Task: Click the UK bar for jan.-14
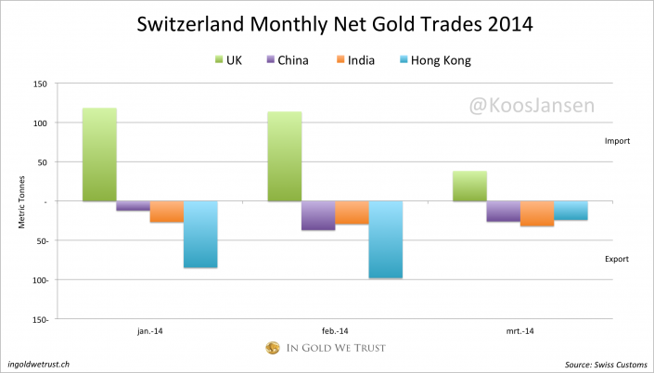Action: click(x=99, y=155)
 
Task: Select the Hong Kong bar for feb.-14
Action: click(x=385, y=239)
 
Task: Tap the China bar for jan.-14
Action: click(x=133, y=206)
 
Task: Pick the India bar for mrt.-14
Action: click(x=536, y=213)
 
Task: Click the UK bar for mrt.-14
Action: click(x=469, y=186)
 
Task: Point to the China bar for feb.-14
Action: click(x=318, y=215)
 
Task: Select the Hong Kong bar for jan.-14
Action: click(x=200, y=234)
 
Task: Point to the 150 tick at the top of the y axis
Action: click(x=39, y=84)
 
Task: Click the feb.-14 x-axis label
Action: click(x=335, y=330)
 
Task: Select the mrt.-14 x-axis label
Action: click(x=519, y=330)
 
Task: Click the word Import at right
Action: click(x=617, y=141)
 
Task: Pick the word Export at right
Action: click(x=617, y=259)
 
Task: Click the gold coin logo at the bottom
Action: click(x=273, y=349)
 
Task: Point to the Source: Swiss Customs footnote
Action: click(x=604, y=365)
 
